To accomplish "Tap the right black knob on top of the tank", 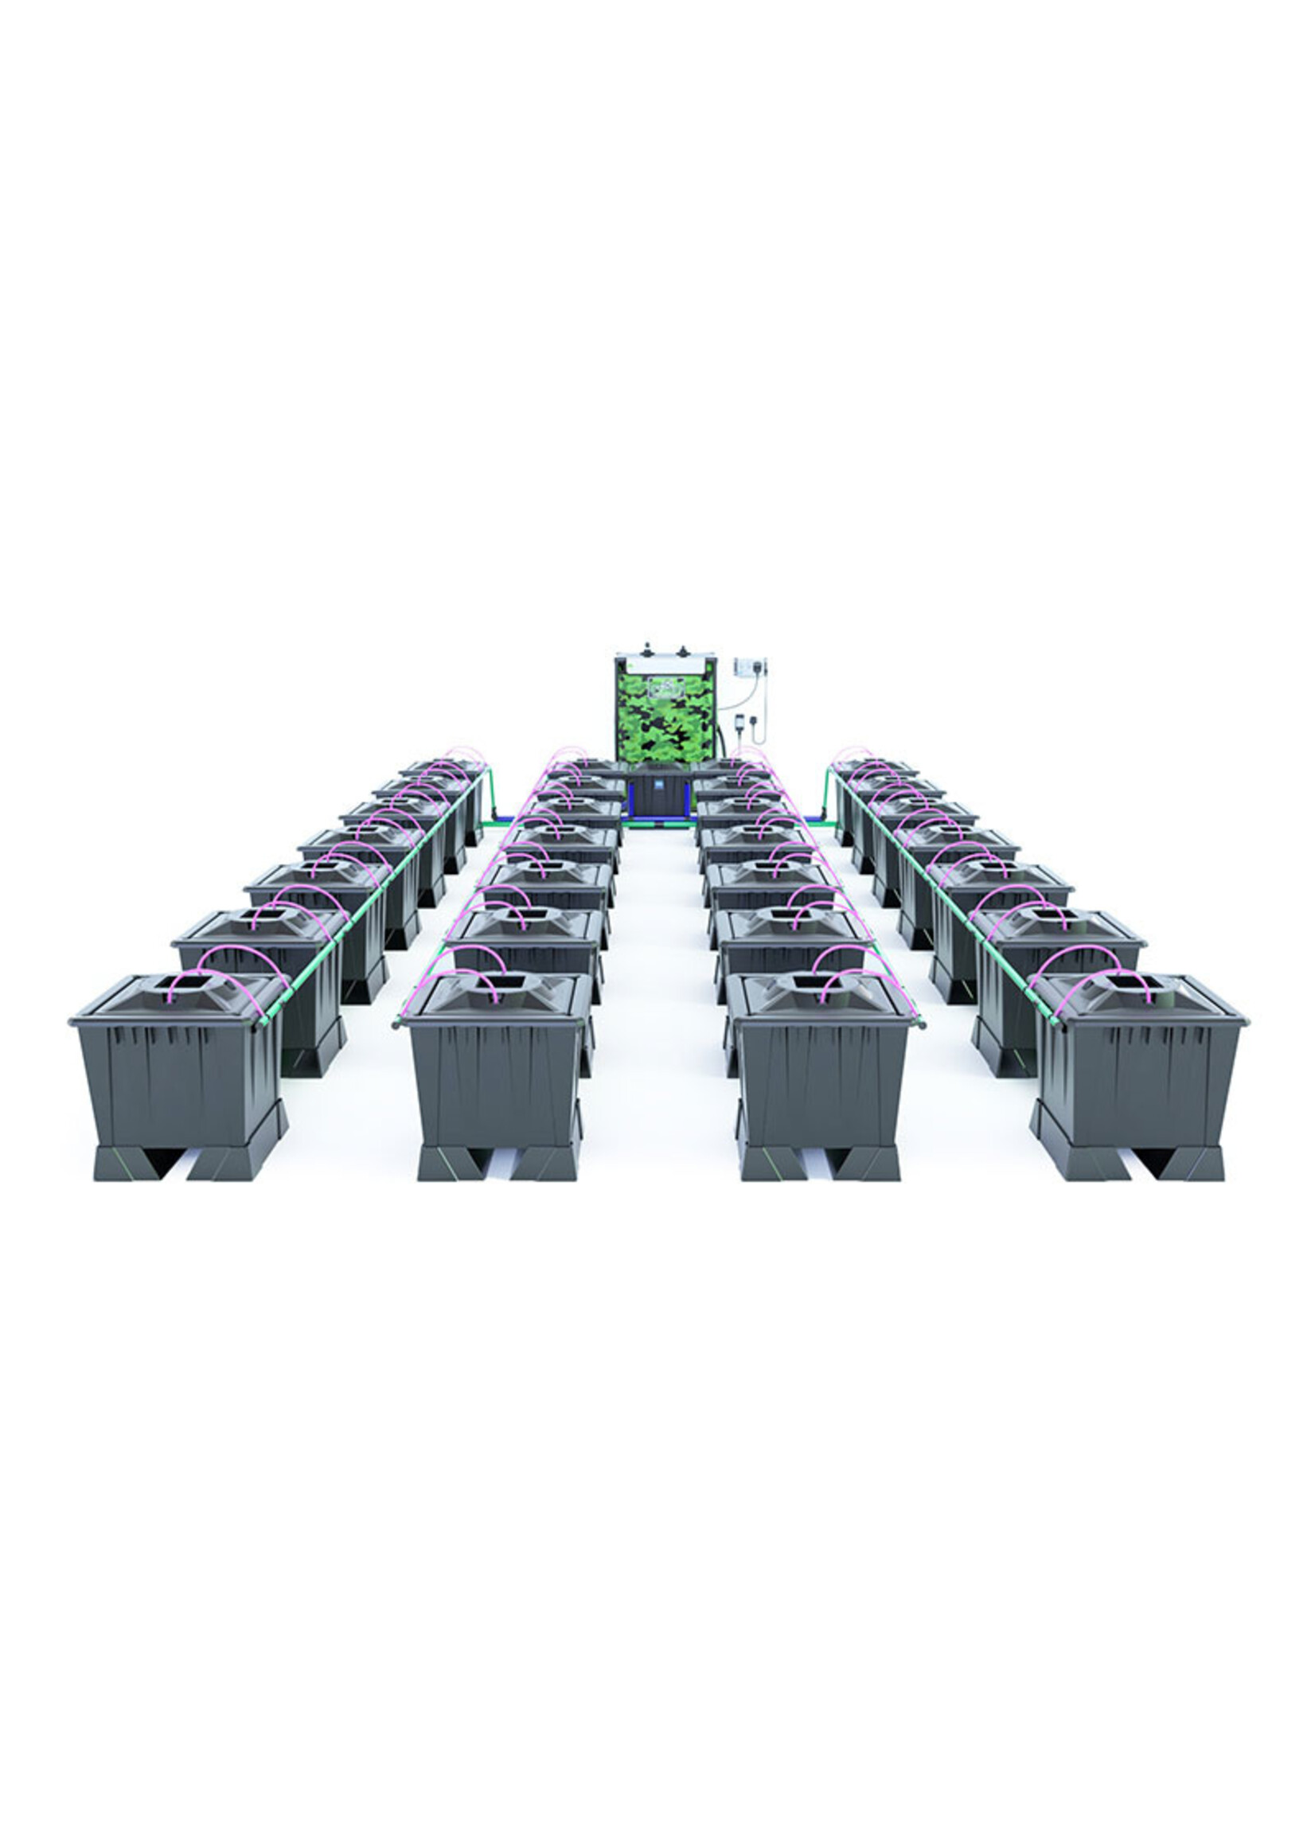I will (683, 649).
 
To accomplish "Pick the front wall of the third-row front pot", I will (817, 1085).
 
